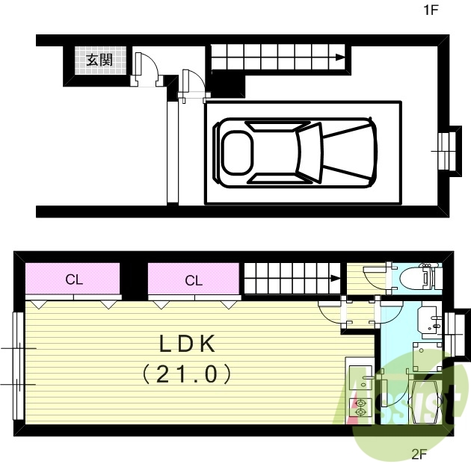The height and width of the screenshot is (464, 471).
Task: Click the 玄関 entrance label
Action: pos(99,60)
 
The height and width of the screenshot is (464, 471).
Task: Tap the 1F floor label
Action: pos(431,10)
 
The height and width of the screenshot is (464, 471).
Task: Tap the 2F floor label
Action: pos(419,455)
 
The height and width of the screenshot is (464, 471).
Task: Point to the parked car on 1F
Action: pos(295,152)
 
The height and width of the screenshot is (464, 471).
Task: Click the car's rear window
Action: pos(237,152)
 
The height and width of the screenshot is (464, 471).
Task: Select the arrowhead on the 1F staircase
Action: pos(340,58)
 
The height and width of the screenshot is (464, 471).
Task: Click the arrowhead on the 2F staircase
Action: pos(336,278)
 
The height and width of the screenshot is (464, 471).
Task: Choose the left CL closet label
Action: pos(74,279)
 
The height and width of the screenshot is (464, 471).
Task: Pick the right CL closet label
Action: pos(194,281)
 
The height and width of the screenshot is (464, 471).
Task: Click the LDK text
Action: pos(187,344)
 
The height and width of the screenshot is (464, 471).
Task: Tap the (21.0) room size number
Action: pos(187,374)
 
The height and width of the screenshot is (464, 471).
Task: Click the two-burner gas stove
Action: pos(360,407)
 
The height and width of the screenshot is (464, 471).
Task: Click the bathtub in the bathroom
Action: pos(425,402)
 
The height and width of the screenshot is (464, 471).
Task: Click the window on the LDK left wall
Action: pos(18,366)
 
